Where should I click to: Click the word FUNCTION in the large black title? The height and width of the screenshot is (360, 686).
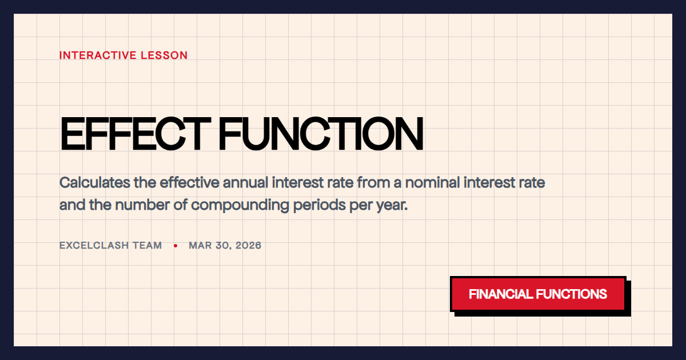point(321,134)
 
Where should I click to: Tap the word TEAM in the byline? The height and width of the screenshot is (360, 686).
point(149,246)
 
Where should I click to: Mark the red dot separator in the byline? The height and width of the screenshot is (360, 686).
point(176,246)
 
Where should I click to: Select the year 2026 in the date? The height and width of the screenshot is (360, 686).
point(248,246)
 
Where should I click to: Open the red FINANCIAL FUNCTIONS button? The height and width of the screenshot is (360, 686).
point(538,294)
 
